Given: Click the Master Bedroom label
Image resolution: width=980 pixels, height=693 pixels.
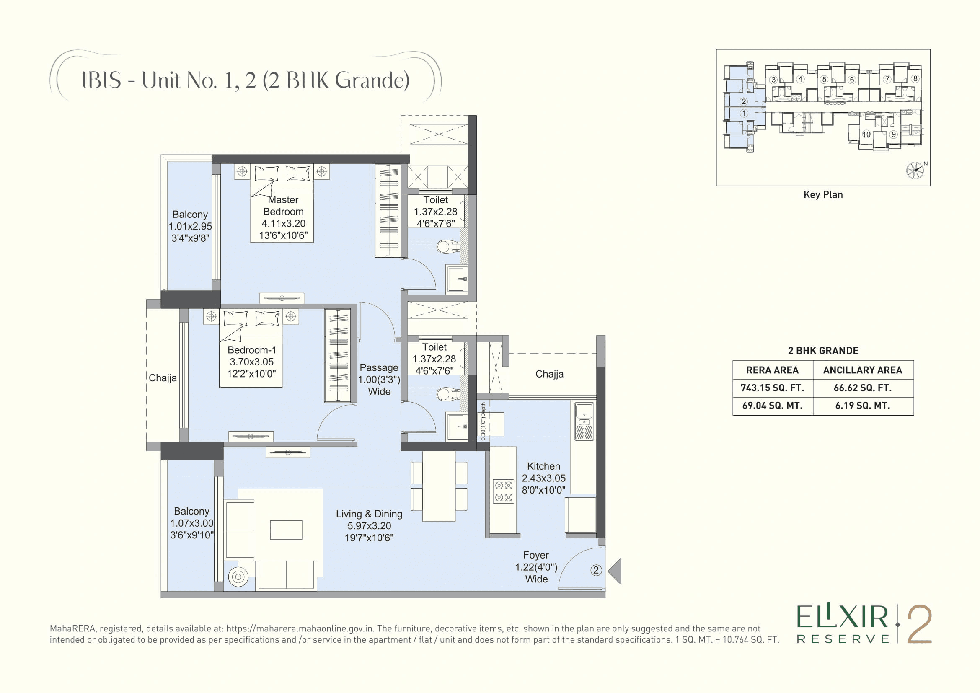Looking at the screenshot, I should pyautogui.click(x=283, y=206).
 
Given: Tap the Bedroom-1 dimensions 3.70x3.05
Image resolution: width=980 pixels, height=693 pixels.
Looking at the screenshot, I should pyautogui.click(x=251, y=362).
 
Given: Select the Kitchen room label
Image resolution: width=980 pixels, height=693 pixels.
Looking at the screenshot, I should pyautogui.click(x=543, y=466).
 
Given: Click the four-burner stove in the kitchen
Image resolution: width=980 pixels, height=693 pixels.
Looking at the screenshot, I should pyautogui.click(x=504, y=491).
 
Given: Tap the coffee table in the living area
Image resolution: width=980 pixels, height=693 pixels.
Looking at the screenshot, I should pyautogui.click(x=286, y=530).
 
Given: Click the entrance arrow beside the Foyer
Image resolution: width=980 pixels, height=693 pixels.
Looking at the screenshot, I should pyautogui.click(x=615, y=571).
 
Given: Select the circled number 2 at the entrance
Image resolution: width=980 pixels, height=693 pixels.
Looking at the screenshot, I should pyautogui.click(x=596, y=570).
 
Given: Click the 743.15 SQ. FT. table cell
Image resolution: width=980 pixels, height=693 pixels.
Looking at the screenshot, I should pyautogui.click(x=772, y=388).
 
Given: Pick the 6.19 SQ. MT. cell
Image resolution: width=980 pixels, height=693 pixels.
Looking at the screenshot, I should pyautogui.click(x=863, y=406).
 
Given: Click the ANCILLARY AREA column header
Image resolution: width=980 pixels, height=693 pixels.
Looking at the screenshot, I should pyautogui.click(x=863, y=370).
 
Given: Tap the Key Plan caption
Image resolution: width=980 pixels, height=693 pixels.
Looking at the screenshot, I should pyautogui.click(x=823, y=194).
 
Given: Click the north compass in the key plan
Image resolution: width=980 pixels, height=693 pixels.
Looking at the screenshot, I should pyautogui.click(x=915, y=170).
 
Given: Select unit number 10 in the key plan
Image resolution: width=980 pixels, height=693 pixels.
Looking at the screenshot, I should pyautogui.click(x=866, y=134).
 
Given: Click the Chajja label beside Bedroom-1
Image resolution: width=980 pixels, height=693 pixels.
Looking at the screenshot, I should pyautogui.click(x=163, y=378).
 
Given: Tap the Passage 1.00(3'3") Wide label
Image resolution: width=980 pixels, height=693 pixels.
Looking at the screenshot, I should pyautogui.click(x=379, y=379).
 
